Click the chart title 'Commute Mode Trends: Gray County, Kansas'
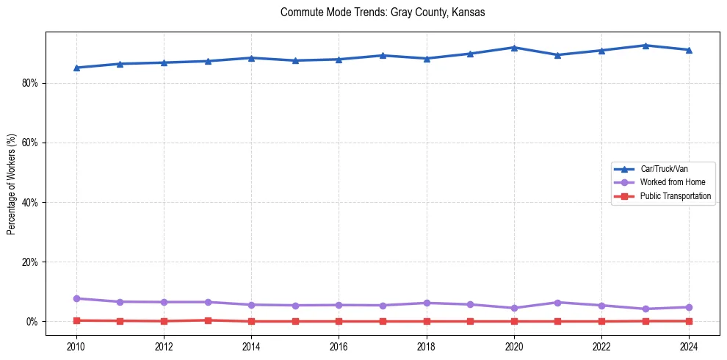click(x=383, y=12)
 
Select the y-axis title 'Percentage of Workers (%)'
click(x=11, y=184)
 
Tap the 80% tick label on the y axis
click(x=29, y=83)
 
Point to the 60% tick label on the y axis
click(x=29, y=143)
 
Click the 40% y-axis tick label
click(x=29, y=202)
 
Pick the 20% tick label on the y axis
click(x=29, y=262)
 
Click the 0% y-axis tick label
click(x=32, y=322)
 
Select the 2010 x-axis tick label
click(x=76, y=346)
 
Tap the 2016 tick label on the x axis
click(x=339, y=346)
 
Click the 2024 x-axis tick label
click(x=689, y=346)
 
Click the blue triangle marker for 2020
click(x=514, y=48)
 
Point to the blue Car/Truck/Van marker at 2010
click(x=76, y=68)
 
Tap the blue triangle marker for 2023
click(x=645, y=46)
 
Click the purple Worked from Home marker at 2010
click(x=76, y=298)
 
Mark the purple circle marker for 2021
click(x=558, y=303)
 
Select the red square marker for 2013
click(x=208, y=320)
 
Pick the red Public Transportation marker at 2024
click(x=689, y=321)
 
